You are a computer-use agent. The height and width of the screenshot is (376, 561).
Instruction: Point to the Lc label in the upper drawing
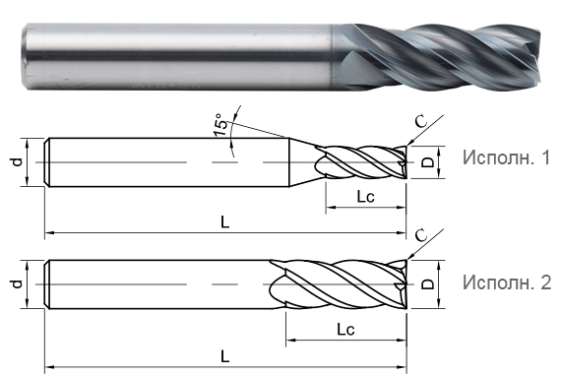click(363, 197)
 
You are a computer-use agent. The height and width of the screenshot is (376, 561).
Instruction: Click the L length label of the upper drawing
click(225, 222)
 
